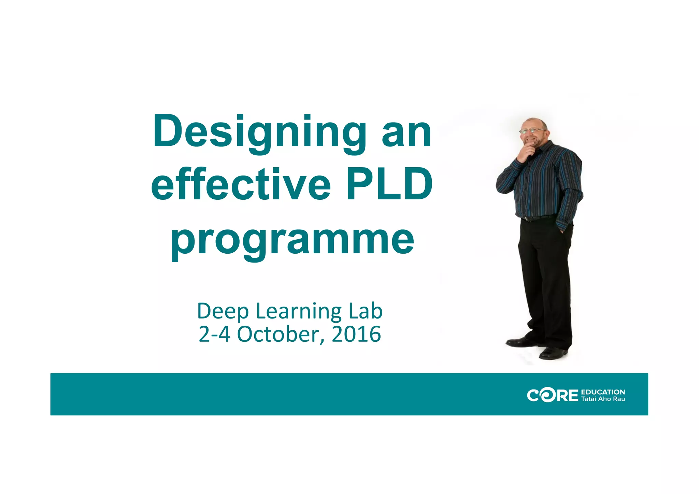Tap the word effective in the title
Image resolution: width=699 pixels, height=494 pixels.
click(x=241, y=185)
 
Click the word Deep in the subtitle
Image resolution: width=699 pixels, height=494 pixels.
click(x=223, y=312)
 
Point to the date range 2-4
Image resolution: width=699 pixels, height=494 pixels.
click(x=214, y=334)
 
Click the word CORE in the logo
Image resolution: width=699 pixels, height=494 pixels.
click(x=552, y=395)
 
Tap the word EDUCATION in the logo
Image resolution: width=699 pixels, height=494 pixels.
click(x=603, y=392)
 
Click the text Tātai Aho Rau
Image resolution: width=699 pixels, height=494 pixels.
click(x=603, y=399)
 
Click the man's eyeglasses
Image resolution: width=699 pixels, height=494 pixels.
click(x=531, y=130)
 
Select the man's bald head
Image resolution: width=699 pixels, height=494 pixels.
click(x=536, y=123)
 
